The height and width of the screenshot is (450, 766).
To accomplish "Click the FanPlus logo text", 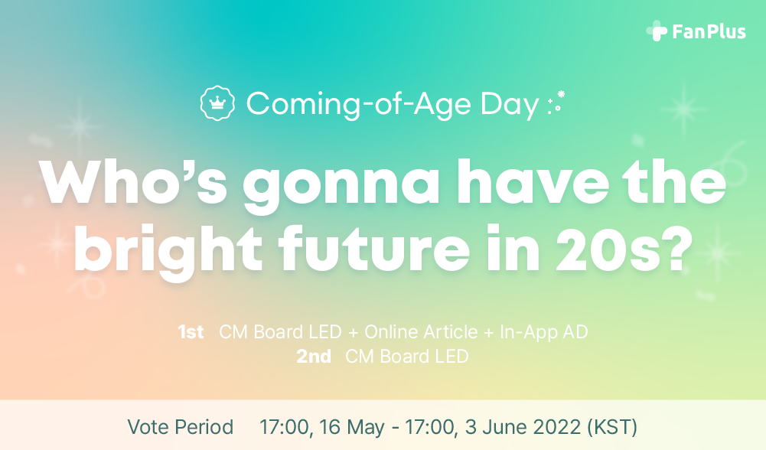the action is [709, 31].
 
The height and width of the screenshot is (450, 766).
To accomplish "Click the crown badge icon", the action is [217, 103].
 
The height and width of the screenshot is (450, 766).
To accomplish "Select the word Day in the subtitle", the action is [510, 105].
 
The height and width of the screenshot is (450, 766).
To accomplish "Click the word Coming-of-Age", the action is [359, 105].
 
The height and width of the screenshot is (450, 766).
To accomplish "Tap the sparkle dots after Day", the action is [556, 103].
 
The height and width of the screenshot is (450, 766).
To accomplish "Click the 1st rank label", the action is [191, 332].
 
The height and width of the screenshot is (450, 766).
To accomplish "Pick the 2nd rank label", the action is [314, 357].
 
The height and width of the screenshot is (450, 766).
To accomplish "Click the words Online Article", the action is [421, 332].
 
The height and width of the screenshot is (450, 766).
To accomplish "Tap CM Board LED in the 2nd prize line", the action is [407, 357].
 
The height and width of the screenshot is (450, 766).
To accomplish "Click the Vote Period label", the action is [181, 427].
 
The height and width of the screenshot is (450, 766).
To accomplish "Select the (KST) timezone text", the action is [612, 428].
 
